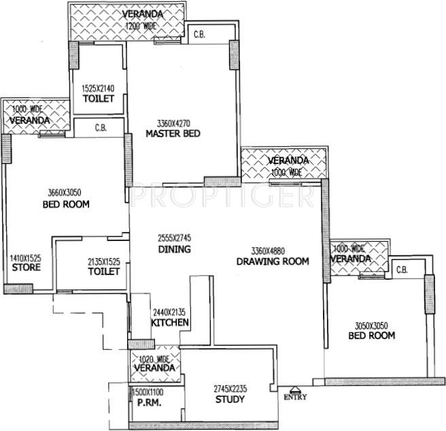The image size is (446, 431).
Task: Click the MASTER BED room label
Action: click(173, 134)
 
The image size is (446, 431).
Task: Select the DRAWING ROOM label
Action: click(273, 261)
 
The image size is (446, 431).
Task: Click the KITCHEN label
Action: click(169, 323)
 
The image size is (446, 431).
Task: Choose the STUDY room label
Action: click(230, 399)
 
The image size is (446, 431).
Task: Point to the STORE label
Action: click(26, 268)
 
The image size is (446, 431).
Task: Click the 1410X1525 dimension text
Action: click(26, 258)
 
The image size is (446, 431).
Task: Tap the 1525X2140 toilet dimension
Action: click(98, 89)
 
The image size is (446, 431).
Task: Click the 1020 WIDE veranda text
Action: click(153, 358)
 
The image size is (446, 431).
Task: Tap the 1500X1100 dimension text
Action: click(148, 392)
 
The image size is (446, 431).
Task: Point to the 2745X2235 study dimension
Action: click(230, 388)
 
